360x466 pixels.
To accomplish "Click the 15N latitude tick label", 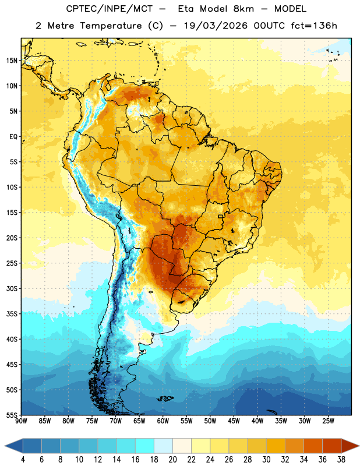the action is [12, 61].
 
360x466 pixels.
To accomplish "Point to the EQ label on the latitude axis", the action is [13, 137].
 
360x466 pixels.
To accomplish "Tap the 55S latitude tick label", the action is [12, 415].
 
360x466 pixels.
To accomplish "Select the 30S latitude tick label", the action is [12, 288].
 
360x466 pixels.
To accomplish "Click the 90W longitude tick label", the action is [22, 421].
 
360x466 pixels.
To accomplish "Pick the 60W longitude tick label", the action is [163, 421].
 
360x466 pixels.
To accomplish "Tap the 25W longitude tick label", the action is [328, 421].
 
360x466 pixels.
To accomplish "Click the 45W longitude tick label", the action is [234, 421].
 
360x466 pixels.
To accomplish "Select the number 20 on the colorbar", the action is [172, 460].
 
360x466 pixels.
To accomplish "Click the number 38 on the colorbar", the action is [341, 460].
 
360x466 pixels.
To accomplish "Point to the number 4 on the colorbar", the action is [23, 460].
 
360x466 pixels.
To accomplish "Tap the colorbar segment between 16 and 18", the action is [145, 446].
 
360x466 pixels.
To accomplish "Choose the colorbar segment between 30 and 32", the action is [276, 446].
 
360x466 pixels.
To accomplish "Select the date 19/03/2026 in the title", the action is [216, 26].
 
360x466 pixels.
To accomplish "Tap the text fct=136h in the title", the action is [314, 26].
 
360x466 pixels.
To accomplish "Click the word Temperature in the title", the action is [111, 26].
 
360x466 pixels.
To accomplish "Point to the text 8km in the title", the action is [243, 9].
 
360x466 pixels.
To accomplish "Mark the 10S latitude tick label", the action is [12, 187].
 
